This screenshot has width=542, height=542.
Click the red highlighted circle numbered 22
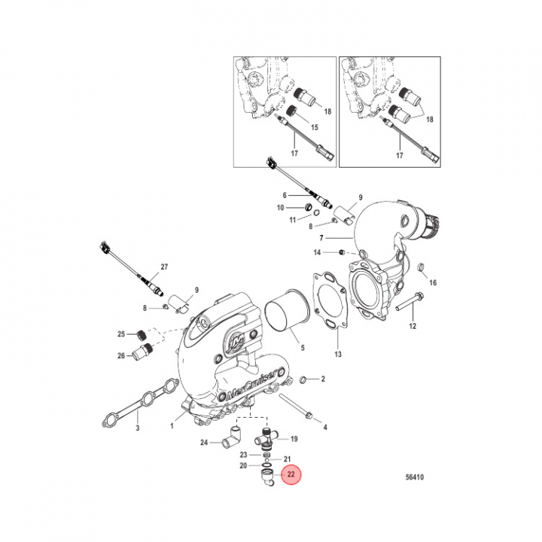click(290, 475)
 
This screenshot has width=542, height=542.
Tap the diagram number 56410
click(414, 477)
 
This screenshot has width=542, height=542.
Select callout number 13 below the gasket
click(338, 354)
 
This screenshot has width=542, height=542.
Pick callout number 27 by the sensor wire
click(166, 268)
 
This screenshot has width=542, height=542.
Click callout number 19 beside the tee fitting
click(294, 439)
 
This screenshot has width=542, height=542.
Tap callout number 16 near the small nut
click(433, 282)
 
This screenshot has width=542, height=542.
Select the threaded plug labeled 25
click(142, 334)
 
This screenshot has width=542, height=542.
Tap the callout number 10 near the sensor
click(280, 207)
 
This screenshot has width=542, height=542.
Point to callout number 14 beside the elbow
click(317, 251)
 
